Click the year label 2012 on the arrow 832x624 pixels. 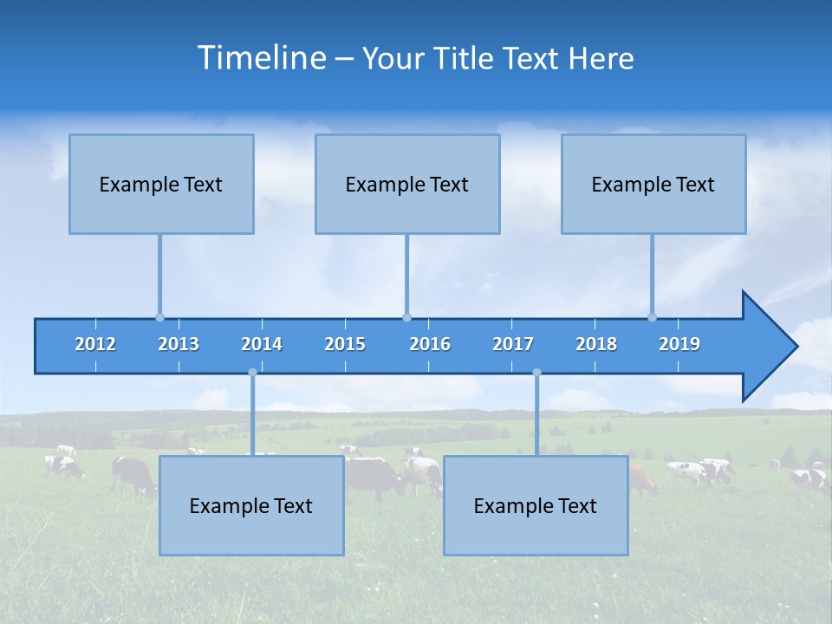click(x=95, y=344)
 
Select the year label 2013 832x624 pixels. click(x=179, y=344)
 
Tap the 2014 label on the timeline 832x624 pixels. click(x=262, y=344)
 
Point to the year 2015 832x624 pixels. click(x=345, y=344)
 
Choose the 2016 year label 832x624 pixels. click(x=430, y=344)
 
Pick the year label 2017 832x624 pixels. click(x=513, y=344)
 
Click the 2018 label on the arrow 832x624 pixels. click(x=596, y=344)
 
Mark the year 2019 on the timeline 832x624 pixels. click(x=679, y=344)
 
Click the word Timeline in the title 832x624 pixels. click(x=261, y=58)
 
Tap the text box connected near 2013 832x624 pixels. click(x=161, y=184)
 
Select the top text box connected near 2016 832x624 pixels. click(x=407, y=184)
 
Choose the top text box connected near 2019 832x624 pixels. click(x=653, y=184)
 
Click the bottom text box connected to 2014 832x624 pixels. click(x=251, y=505)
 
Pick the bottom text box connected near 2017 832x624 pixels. click(x=536, y=505)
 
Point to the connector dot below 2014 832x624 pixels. click(x=252, y=373)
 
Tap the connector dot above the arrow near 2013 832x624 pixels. click(x=159, y=317)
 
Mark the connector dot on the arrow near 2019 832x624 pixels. click(x=653, y=317)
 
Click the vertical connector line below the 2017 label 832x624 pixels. click(x=536, y=416)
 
